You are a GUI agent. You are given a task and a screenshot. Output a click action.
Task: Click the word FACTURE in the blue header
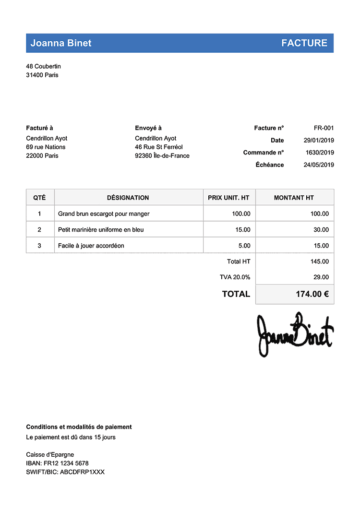click(304, 43)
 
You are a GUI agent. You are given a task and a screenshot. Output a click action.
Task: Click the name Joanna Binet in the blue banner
click(61, 43)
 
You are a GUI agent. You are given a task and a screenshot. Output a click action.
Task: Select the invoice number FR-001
click(324, 128)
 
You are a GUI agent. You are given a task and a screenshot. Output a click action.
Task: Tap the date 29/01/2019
click(319, 141)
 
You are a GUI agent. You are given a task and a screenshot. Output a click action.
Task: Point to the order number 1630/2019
click(320, 153)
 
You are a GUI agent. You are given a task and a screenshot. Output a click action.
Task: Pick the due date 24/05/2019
click(319, 165)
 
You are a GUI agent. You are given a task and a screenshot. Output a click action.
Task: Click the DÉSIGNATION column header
click(128, 198)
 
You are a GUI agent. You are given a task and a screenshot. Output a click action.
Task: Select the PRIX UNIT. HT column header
click(228, 198)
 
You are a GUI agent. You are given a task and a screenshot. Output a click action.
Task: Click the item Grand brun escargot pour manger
click(104, 213)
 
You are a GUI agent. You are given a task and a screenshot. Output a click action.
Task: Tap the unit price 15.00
click(243, 230)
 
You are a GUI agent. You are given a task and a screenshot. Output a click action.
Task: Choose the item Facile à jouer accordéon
click(91, 246)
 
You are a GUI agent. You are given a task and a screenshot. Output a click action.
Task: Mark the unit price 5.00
click(244, 246)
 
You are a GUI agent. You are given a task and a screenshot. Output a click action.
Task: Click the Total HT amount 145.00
click(320, 261)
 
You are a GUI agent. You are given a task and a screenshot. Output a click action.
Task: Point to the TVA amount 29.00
click(321, 277)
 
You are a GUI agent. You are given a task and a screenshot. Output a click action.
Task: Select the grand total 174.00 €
click(312, 294)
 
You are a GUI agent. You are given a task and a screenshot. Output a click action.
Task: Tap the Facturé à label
click(39, 128)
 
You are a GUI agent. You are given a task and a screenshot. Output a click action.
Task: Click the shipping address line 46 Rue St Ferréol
click(159, 147)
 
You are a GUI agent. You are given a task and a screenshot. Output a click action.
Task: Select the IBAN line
click(57, 463)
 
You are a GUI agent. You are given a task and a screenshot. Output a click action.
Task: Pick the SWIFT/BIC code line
click(65, 472)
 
